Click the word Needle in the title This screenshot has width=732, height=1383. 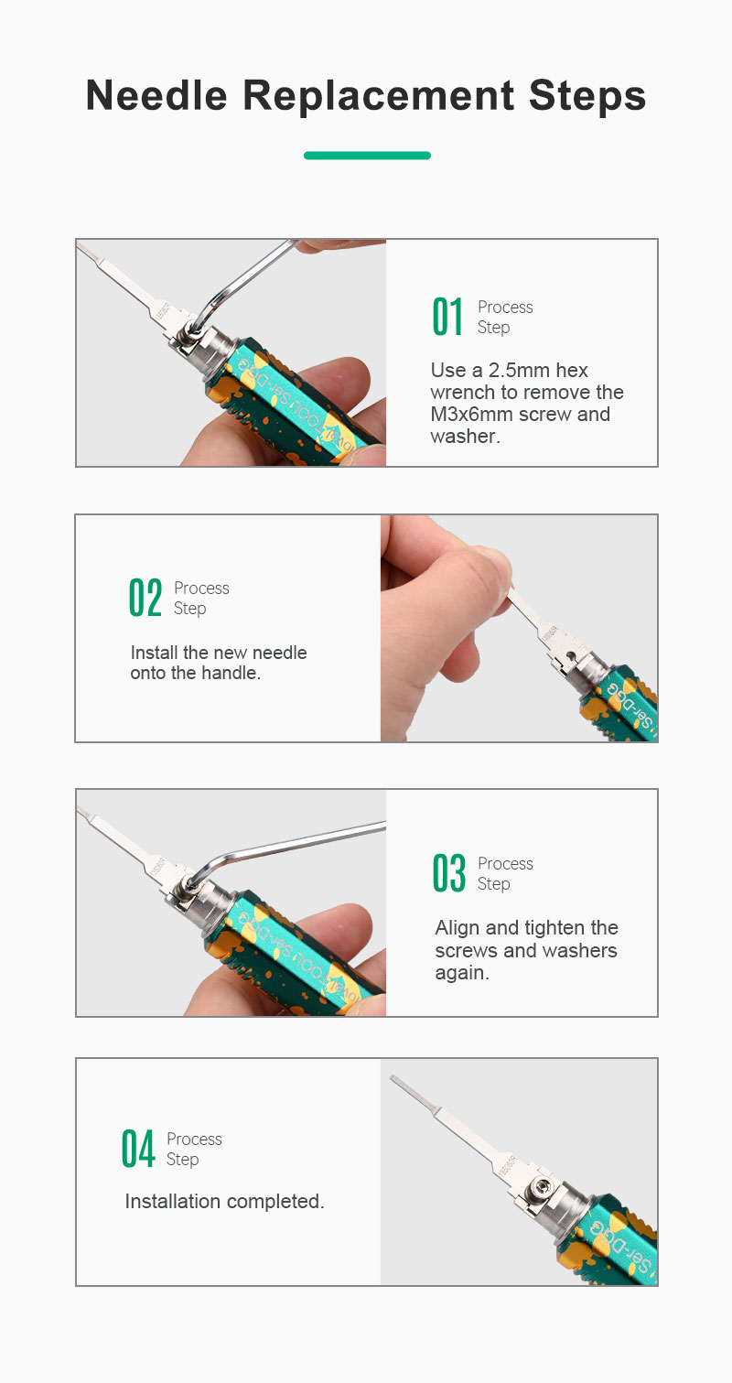click(156, 96)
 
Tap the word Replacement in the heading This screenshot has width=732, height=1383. click(378, 97)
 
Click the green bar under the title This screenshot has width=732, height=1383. click(367, 156)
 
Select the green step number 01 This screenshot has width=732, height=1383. click(447, 317)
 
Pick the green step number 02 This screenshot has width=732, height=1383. click(145, 598)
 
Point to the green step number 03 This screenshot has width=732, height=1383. click(448, 873)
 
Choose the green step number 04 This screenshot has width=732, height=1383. click(137, 1149)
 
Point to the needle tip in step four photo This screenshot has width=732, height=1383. click(393, 1078)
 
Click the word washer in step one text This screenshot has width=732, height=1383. click(462, 437)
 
